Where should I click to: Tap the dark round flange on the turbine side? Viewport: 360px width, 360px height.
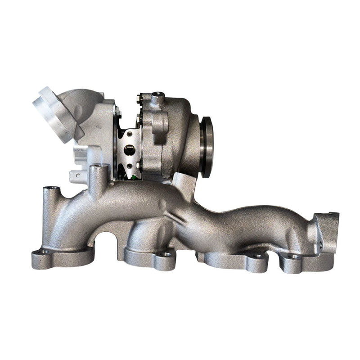pos(207,147)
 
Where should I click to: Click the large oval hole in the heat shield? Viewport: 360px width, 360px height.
pos(129,150)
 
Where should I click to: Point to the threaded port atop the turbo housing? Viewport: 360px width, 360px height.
pos(157,96)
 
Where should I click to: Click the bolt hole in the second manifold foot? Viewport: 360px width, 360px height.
pos(166,255)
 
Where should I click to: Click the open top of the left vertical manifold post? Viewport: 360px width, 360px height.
pos(53,188)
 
